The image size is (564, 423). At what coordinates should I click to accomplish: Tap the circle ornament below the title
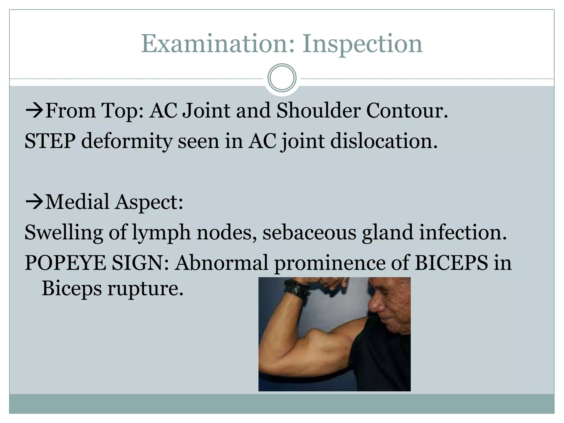[282, 78]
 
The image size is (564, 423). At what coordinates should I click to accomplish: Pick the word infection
[463, 232]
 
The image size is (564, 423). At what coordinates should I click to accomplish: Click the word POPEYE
[66, 263]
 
